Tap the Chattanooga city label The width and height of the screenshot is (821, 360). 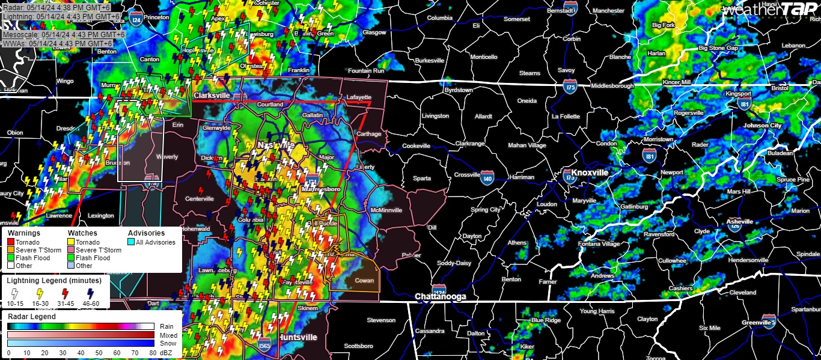[441, 297]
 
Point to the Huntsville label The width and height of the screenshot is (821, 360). [298, 337]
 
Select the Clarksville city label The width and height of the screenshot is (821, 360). [213, 95]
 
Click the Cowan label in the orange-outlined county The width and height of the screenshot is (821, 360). [364, 281]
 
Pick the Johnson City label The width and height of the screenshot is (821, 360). [762, 126]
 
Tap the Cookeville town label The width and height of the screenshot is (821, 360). [416, 146]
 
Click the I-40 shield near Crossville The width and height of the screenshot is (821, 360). [487, 178]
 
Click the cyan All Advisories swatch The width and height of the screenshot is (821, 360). [132, 242]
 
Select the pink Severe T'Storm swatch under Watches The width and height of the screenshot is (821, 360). [72, 250]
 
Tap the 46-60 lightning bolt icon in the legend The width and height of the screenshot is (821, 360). [89, 294]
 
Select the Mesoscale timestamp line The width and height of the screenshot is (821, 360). [63, 35]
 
